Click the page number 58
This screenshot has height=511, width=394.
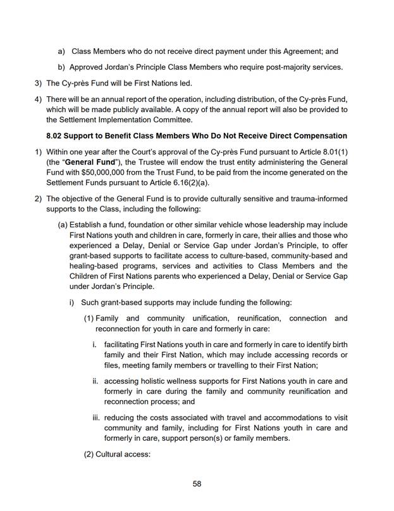point(197,484)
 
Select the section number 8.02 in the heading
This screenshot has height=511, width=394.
point(57,136)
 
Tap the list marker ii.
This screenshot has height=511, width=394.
point(95,381)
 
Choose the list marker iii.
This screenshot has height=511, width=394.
point(95,418)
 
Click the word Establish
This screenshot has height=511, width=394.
point(87,225)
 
